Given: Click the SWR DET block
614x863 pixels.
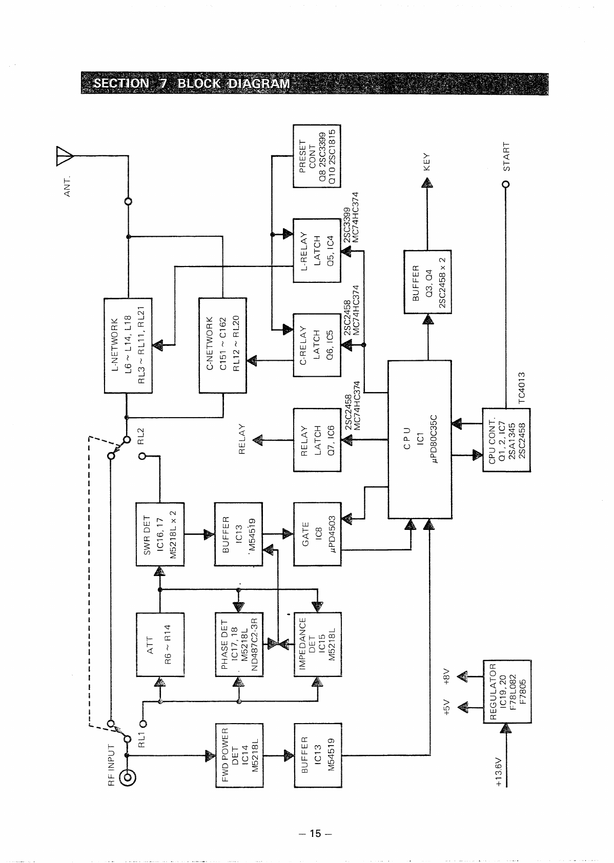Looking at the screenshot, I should (x=159, y=534).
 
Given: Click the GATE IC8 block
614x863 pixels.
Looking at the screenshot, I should (x=317, y=534).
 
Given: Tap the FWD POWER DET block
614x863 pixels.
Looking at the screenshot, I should (x=238, y=755).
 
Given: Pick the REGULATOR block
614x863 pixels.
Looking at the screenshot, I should (x=506, y=692).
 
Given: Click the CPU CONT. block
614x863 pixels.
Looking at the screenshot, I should (x=506, y=440).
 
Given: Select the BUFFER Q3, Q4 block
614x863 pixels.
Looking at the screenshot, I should (x=427, y=282).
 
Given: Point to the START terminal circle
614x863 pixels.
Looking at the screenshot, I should (x=506, y=184).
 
